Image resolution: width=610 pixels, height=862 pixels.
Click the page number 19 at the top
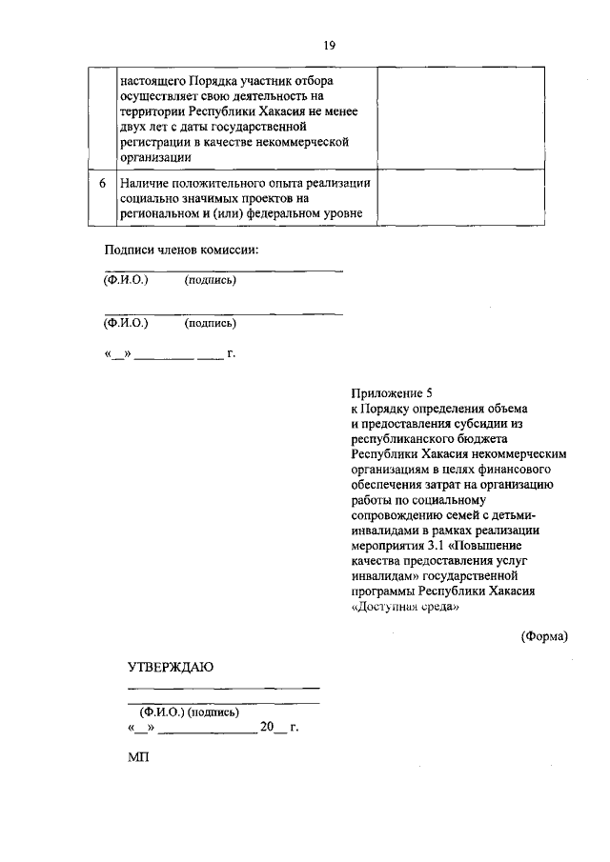(329, 45)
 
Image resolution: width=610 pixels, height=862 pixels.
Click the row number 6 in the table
(101, 183)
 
